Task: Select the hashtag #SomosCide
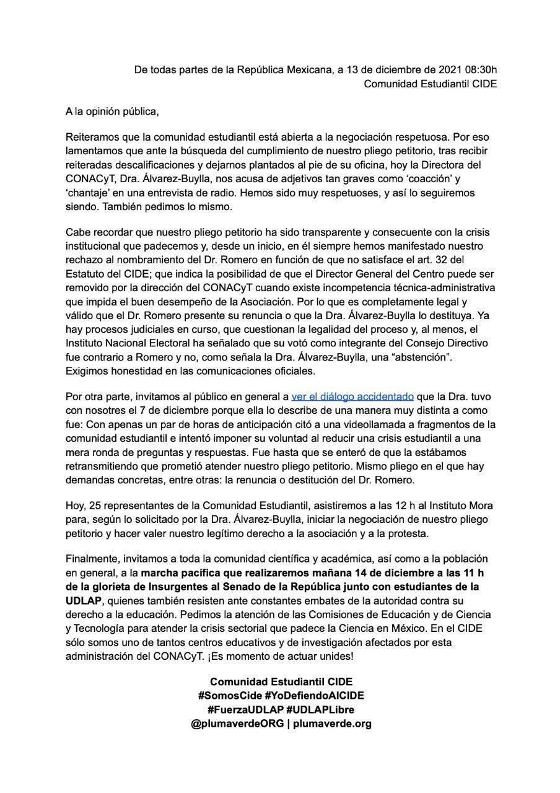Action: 229,695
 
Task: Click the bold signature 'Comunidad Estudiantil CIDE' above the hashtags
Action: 281,681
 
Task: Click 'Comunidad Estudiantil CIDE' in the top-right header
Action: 429,83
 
